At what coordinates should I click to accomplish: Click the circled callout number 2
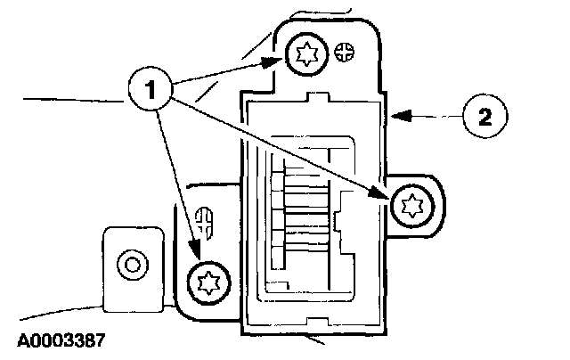click(x=484, y=117)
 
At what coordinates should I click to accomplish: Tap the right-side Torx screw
click(x=411, y=206)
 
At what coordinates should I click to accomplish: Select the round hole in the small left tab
click(x=134, y=264)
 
